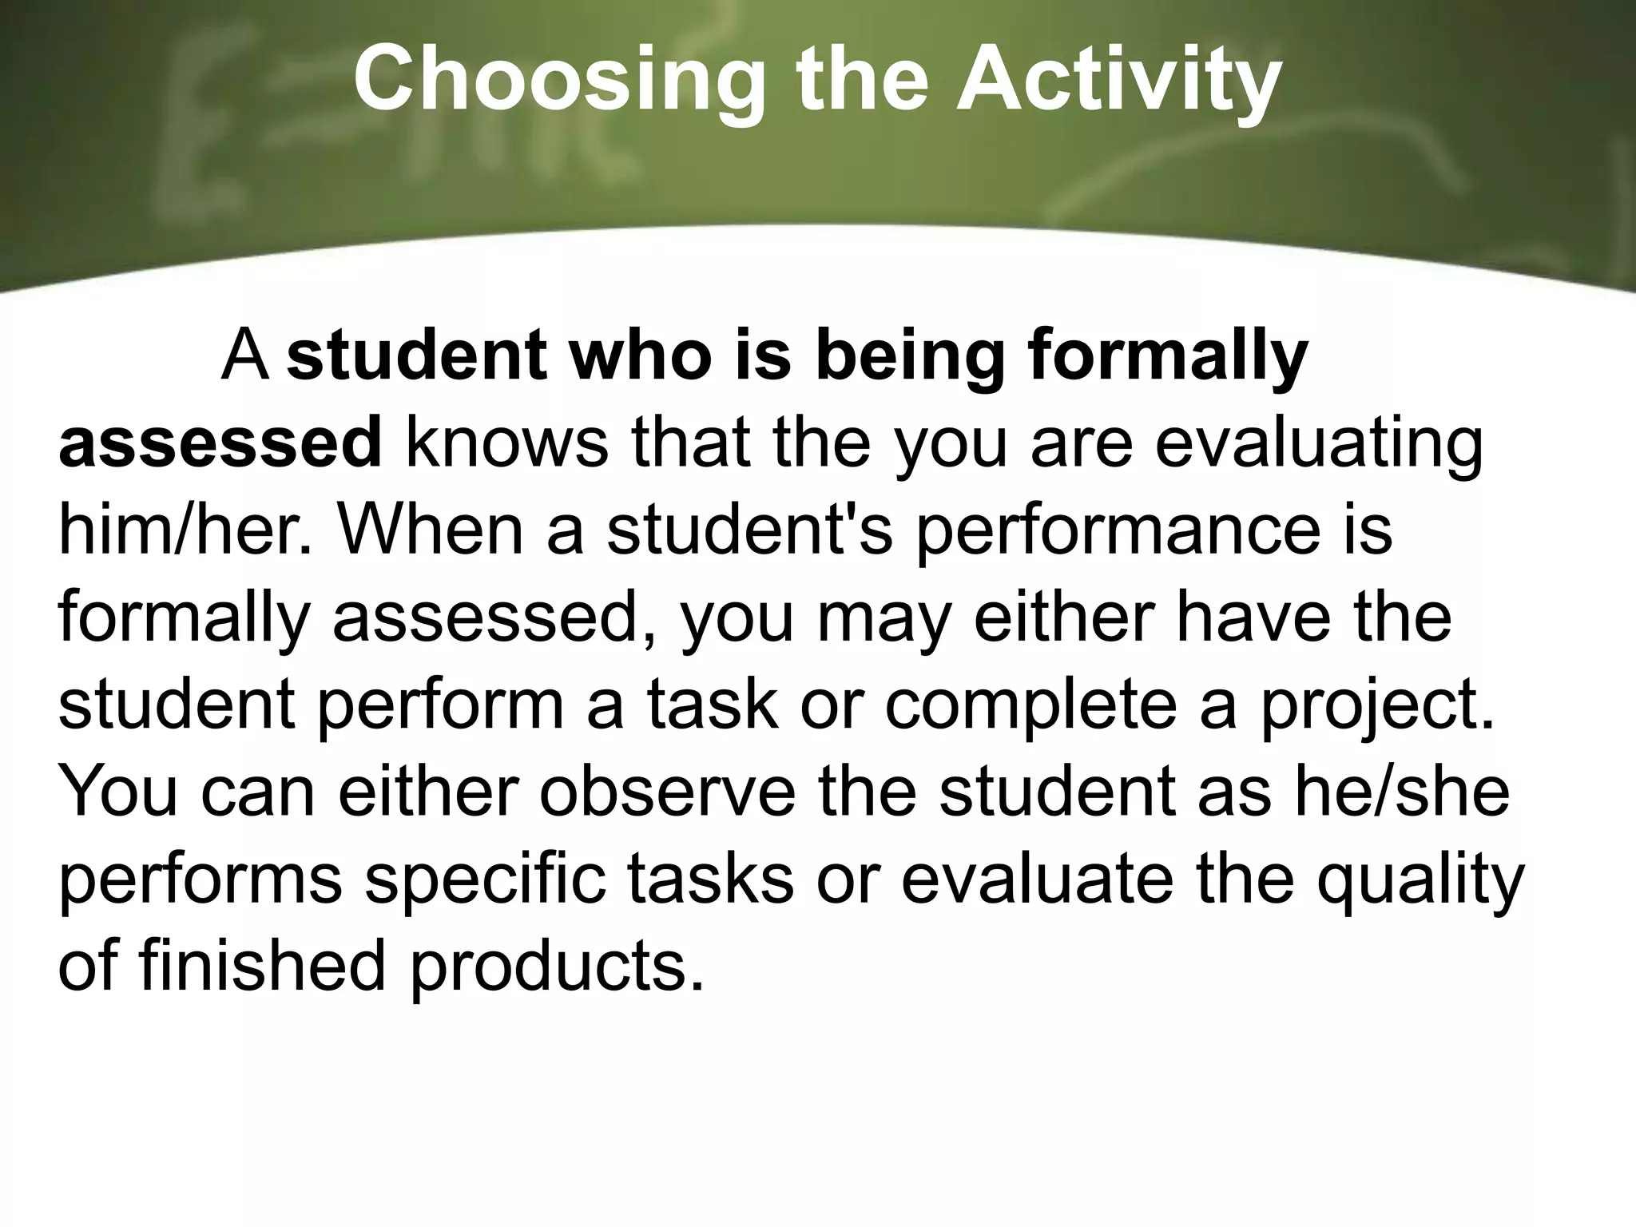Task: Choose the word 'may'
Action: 886,617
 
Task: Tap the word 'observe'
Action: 668,792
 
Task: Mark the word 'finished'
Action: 263,966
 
